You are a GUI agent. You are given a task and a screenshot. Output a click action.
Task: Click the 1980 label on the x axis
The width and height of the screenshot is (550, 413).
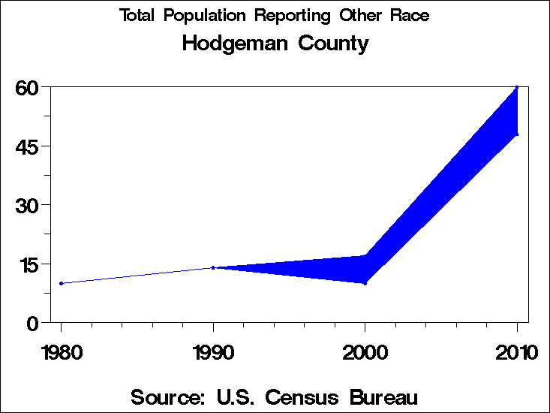[x=61, y=352]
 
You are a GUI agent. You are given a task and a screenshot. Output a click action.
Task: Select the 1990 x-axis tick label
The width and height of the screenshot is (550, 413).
[x=213, y=352]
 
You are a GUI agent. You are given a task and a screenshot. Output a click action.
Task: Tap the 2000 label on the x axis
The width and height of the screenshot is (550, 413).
[x=365, y=352]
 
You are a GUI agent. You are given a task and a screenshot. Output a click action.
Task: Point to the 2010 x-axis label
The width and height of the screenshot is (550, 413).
[x=516, y=352]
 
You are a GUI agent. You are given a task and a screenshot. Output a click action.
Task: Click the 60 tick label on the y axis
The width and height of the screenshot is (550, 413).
[x=27, y=88]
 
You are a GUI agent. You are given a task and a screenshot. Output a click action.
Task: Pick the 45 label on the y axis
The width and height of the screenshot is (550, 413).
[x=27, y=146]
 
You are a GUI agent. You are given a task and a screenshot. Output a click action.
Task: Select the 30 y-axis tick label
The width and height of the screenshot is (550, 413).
[x=27, y=205]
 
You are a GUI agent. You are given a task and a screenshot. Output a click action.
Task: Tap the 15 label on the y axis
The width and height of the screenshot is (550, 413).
[x=27, y=264]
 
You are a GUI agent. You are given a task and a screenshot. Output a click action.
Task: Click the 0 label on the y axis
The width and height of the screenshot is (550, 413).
[x=32, y=323]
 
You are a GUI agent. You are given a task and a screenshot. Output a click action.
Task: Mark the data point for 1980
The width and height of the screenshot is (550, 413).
[x=61, y=283]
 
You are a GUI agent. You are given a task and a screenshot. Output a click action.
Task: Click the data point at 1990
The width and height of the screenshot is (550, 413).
[x=213, y=267]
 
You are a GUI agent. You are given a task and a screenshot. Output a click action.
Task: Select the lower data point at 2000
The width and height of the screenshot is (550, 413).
[x=365, y=283]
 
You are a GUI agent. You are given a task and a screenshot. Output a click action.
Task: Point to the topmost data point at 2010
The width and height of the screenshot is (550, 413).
[x=517, y=87]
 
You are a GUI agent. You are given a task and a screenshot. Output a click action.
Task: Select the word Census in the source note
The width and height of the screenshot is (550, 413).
[x=289, y=396]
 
